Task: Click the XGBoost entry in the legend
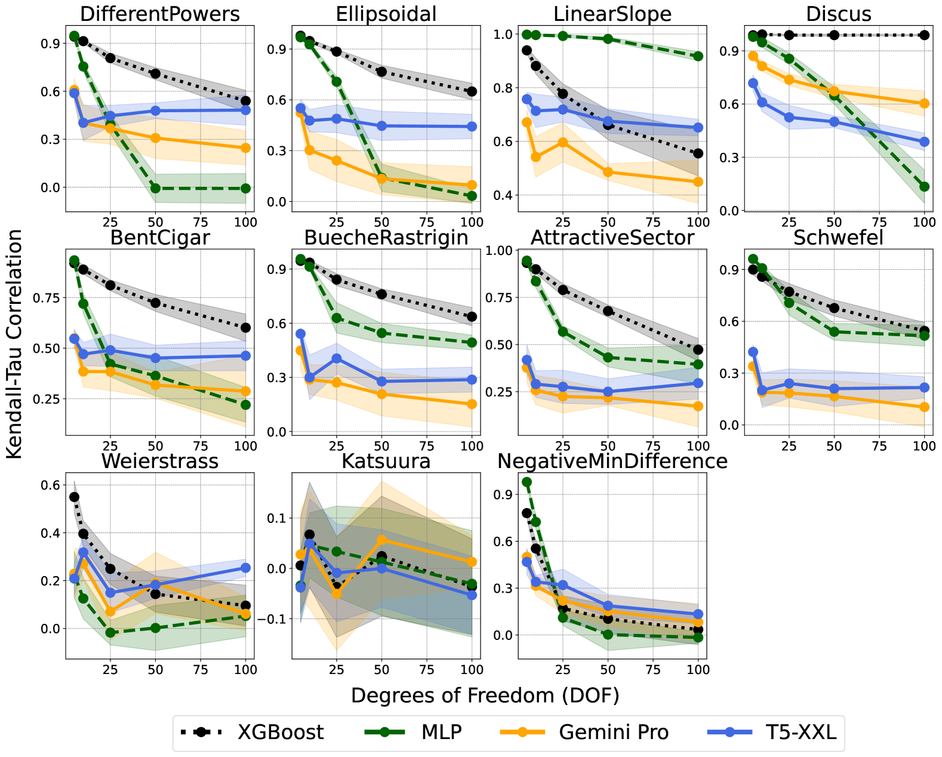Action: coord(280,732)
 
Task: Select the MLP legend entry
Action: coord(441,732)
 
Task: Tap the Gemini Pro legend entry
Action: coord(613,732)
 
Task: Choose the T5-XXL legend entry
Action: coord(801,732)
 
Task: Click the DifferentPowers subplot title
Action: coord(160,14)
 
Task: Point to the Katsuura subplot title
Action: coord(386,461)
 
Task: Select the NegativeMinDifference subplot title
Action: coord(612,461)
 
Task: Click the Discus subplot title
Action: coord(838,14)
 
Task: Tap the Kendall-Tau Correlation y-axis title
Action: coord(14,344)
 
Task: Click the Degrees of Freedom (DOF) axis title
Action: coord(485,696)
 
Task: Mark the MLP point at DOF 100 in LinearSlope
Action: coord(698,56)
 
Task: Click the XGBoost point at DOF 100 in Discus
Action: coord(924,35)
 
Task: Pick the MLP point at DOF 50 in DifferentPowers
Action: coord(155,188)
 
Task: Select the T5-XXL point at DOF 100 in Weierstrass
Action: coord(245,568)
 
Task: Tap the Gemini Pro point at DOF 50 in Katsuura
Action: coord(382,540)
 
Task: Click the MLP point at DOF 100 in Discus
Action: coord(924,187)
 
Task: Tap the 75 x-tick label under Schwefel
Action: coord(879,446)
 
